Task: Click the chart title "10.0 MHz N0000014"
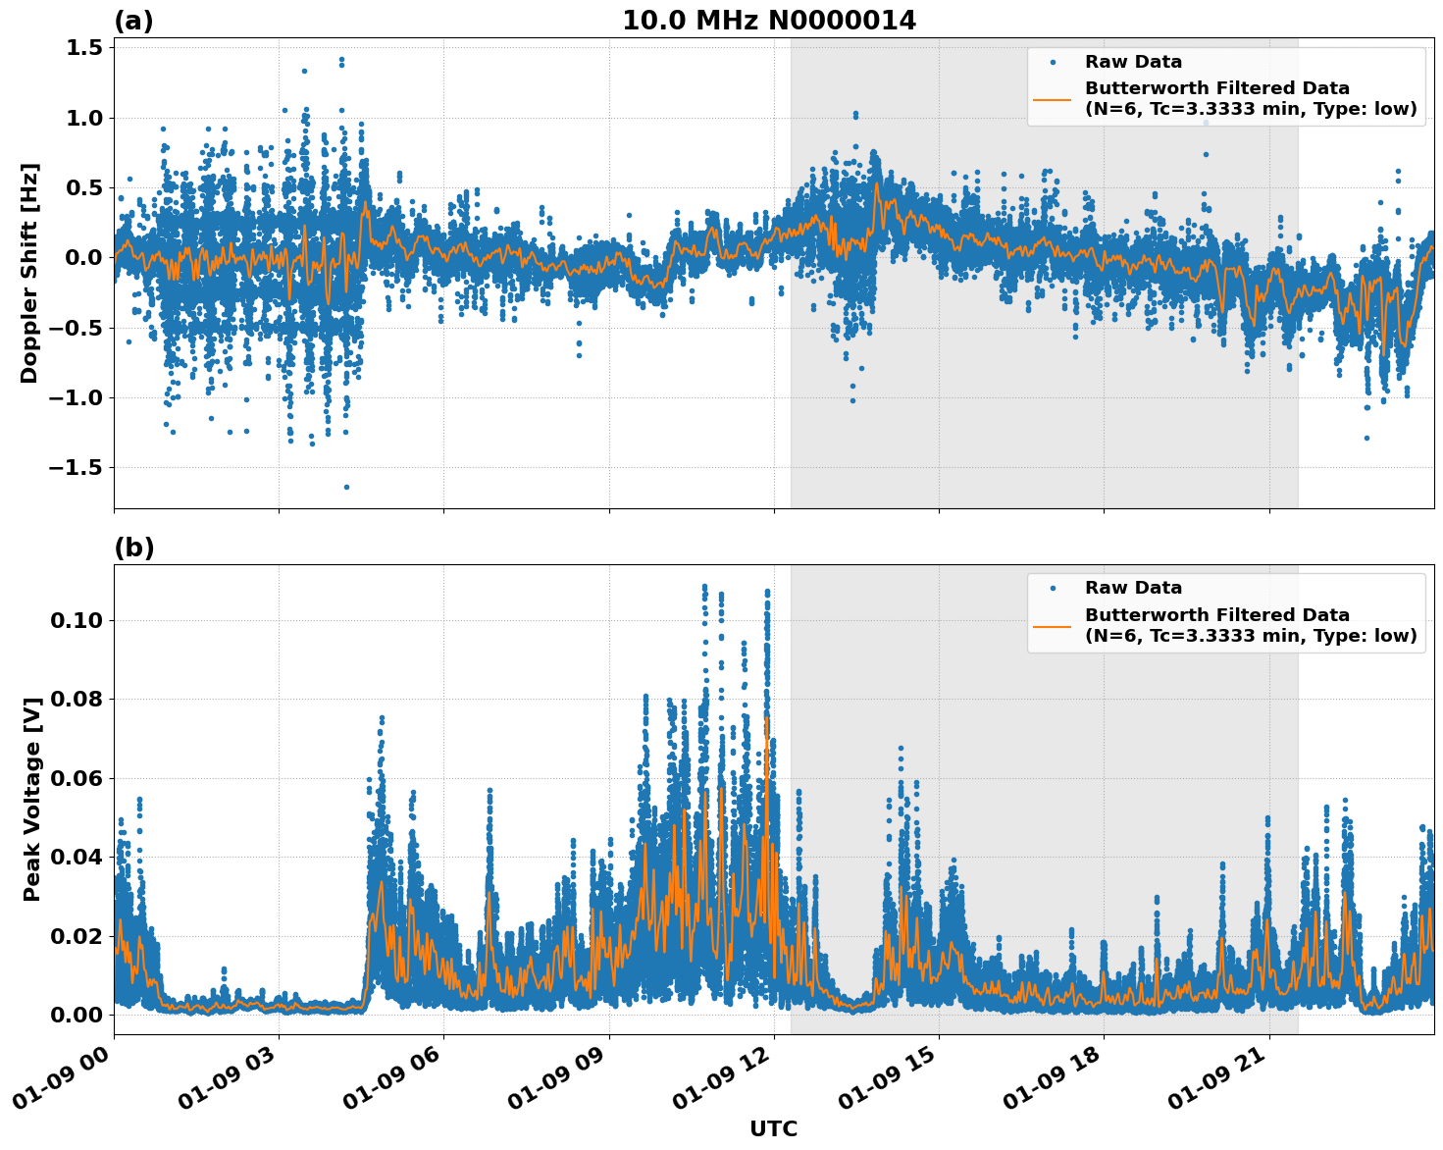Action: tap(769, 21)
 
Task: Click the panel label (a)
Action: tap(133, 21)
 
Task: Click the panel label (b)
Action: tap(133, 548)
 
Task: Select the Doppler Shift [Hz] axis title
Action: tap(29, 273)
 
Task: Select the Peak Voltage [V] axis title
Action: tap(32, 799)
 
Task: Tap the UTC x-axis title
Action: tap(773, 1128)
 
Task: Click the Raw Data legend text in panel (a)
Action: tap(1133, 63)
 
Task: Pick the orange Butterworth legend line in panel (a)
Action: tap(1052, 99)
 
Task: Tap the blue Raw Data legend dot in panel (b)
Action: tap(1052, 589)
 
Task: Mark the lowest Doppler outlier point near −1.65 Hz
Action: tap(346, 487)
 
